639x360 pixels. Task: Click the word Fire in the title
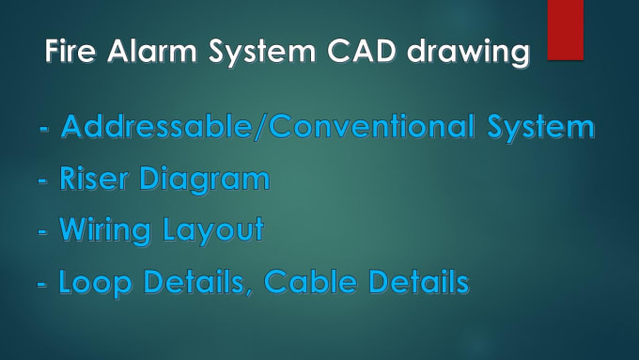pos(69,54)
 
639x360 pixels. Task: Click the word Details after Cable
pos(414,281)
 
